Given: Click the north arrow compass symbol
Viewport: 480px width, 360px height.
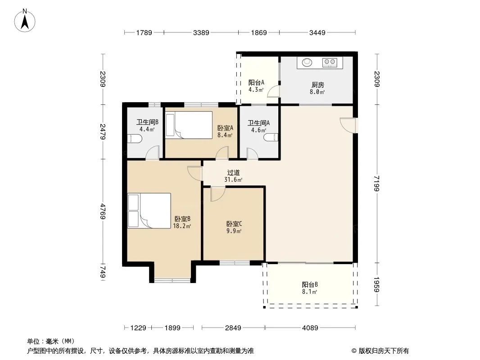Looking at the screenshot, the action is point(25,21).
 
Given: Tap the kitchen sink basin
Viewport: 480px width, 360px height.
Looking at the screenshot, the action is point(307,63).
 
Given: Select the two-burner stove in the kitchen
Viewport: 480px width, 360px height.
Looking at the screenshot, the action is point(330,63).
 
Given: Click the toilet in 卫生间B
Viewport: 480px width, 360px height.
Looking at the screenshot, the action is point(135,139).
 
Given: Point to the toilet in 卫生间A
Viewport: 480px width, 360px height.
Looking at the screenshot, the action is point(271,137).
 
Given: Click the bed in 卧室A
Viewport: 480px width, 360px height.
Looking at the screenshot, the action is point(189,125).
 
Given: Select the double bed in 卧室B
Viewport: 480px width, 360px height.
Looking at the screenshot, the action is point(149,211).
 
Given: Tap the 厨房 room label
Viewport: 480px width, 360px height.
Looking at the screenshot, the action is point(318,85).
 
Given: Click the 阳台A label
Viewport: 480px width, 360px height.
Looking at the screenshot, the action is point(256,83).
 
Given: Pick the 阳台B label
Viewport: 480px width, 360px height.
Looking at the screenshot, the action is point(310,284).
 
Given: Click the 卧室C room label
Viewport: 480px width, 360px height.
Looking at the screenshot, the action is point(234,224).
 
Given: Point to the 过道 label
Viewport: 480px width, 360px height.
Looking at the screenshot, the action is point(233,173).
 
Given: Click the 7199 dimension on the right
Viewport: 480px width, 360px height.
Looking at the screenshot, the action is point(377,184).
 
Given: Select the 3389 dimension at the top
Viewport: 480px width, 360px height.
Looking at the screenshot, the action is point(201,33).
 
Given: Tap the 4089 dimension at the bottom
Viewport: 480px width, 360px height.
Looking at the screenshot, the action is point(310,328).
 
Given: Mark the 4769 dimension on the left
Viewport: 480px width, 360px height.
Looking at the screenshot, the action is point(103,211).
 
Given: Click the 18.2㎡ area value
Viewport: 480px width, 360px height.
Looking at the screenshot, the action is point(182,226).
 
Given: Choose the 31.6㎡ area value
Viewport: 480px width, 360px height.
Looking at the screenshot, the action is point(233,180).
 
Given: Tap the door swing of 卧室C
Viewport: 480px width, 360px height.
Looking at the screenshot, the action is point(217,194).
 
